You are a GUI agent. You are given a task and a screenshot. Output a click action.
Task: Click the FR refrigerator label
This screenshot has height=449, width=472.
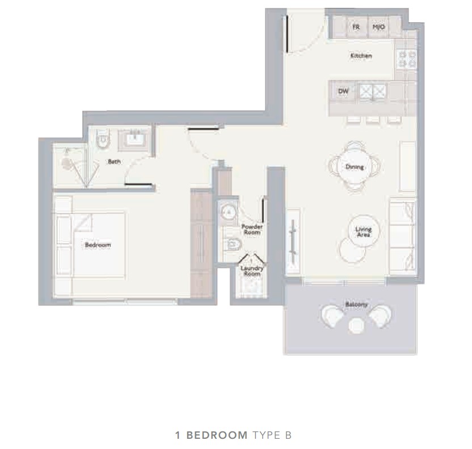coord(356,27)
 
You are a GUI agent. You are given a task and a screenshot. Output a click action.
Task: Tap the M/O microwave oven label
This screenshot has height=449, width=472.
coord(378,27)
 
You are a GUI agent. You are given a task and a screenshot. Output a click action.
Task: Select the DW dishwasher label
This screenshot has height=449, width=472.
coord(343,91)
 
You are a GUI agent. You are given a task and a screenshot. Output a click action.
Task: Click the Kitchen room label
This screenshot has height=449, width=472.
coord(361,56)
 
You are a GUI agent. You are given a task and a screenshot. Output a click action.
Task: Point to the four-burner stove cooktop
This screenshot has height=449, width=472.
coord(406,59)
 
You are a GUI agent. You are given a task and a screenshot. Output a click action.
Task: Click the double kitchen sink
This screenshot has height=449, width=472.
coord(373,90)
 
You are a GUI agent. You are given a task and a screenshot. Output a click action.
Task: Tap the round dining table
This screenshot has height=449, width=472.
coord(355,166)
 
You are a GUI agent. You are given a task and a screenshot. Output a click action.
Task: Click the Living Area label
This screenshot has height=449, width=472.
coord(363,232)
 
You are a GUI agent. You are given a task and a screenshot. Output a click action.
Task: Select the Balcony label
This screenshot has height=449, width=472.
coord(356,304)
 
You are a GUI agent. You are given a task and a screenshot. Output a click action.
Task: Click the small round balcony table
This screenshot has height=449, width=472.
coord(356,326)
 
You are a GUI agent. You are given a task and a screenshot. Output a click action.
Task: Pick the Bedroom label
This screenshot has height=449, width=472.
coord(98,245)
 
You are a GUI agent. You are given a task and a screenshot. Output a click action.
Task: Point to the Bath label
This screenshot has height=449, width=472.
coord(114,162)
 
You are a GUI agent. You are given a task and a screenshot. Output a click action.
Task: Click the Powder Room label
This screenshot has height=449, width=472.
coord(252,229)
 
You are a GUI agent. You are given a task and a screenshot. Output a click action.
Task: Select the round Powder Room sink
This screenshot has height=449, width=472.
coord(229,212)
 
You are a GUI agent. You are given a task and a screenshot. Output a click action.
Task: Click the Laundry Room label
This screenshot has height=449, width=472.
coord(252,271)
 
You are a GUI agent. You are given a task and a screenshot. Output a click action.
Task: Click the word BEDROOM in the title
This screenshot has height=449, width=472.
coord(217,435)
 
